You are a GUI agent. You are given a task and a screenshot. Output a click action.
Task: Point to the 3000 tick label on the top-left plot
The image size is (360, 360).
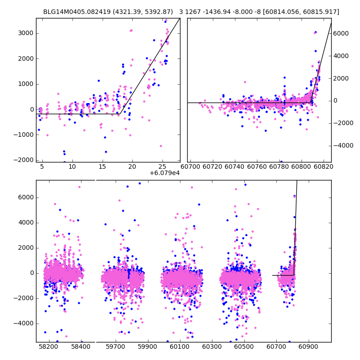[26, 33]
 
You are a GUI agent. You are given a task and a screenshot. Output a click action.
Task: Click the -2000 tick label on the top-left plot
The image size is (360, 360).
[24, 160]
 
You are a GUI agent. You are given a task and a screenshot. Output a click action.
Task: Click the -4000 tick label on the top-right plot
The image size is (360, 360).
[342, 146]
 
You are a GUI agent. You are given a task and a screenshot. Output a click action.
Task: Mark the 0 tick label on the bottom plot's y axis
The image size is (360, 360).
[31, 273]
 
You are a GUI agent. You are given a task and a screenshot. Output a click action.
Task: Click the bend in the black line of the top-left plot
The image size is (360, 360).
[121, 113]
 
